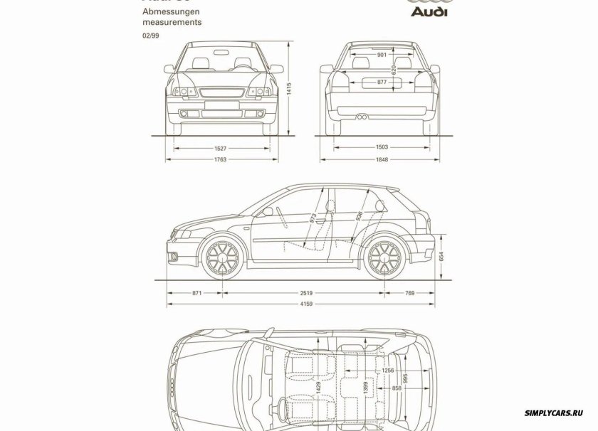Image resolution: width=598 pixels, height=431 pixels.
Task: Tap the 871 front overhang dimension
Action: coord(197,292)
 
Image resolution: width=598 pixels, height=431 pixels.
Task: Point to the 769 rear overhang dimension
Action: coord(410,292)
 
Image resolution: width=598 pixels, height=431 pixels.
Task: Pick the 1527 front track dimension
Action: coord(220,148)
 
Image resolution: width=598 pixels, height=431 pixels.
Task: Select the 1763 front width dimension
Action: coord(220,161)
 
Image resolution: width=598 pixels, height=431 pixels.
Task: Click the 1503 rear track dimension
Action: coord(382,148)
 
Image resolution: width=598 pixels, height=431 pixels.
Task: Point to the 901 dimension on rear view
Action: coord(382,55)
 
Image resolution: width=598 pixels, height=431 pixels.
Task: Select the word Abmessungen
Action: coord(170,12)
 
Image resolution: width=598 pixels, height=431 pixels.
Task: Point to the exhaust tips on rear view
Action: coord(363,115)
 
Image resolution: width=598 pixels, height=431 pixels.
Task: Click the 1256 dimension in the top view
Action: coord(388,371)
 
